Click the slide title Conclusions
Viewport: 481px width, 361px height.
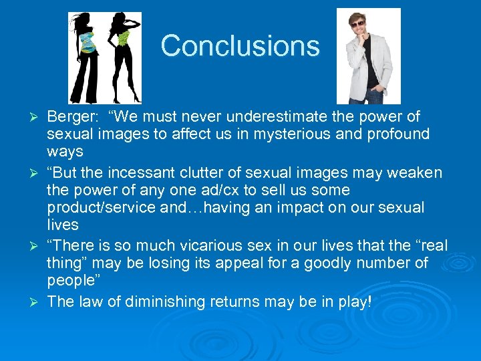point(240,46)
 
